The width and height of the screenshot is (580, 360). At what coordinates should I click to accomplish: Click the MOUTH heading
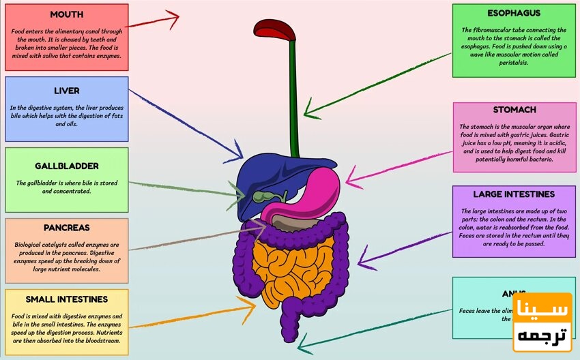click(x=67, y=14)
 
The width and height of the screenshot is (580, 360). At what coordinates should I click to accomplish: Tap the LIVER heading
click(x=67, y=91)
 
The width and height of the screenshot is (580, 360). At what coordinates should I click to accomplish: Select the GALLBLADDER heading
click(x=67, y=166)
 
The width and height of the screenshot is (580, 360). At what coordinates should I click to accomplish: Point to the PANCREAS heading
click(x=67, y=227)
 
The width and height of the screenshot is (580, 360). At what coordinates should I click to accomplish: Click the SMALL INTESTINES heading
click(x=67, y=299)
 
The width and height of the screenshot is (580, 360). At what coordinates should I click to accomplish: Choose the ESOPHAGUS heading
click(x=514, y=13)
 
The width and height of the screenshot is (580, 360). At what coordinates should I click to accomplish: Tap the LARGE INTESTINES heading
click(x=514, y=194)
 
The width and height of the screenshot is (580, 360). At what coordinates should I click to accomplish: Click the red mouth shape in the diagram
click(x=275, y=29)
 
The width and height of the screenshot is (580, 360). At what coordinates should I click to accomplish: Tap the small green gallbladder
click(x=261, y=197)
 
